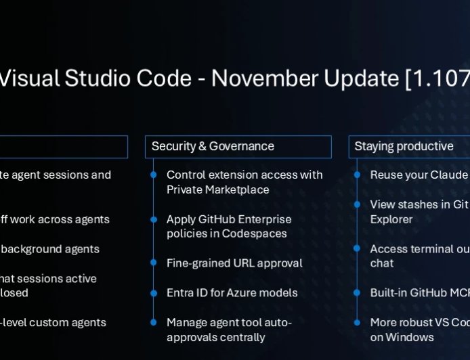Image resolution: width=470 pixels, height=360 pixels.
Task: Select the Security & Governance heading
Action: [213, 146]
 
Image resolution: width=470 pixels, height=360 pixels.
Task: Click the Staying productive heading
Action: [404, 146]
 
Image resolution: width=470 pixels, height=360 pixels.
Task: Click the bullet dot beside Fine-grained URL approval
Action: [154, 263]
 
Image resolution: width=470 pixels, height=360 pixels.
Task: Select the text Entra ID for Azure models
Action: [232, 292]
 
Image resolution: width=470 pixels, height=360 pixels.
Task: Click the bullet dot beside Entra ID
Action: [154, 292]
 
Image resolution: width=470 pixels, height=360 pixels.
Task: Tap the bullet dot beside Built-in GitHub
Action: [357, 292]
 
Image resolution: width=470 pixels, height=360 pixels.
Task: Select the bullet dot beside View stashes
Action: [357, 204]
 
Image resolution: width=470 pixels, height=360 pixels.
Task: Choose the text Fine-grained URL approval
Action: [234, 263]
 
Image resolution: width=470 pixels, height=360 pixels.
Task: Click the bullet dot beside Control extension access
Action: [154, 175]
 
